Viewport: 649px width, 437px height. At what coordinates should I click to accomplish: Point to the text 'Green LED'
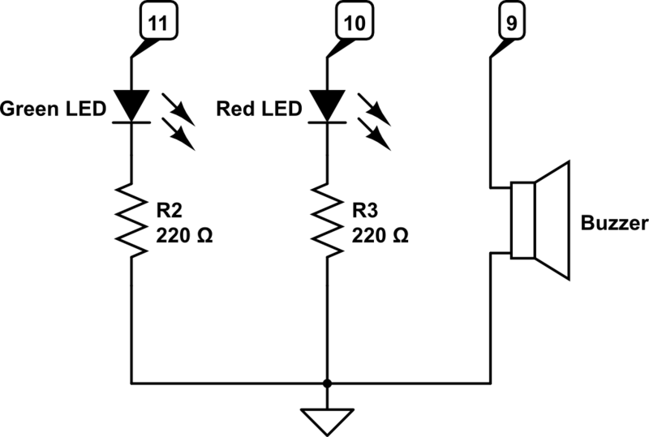(54, 109)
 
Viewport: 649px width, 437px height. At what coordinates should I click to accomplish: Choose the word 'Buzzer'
(614, 224)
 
